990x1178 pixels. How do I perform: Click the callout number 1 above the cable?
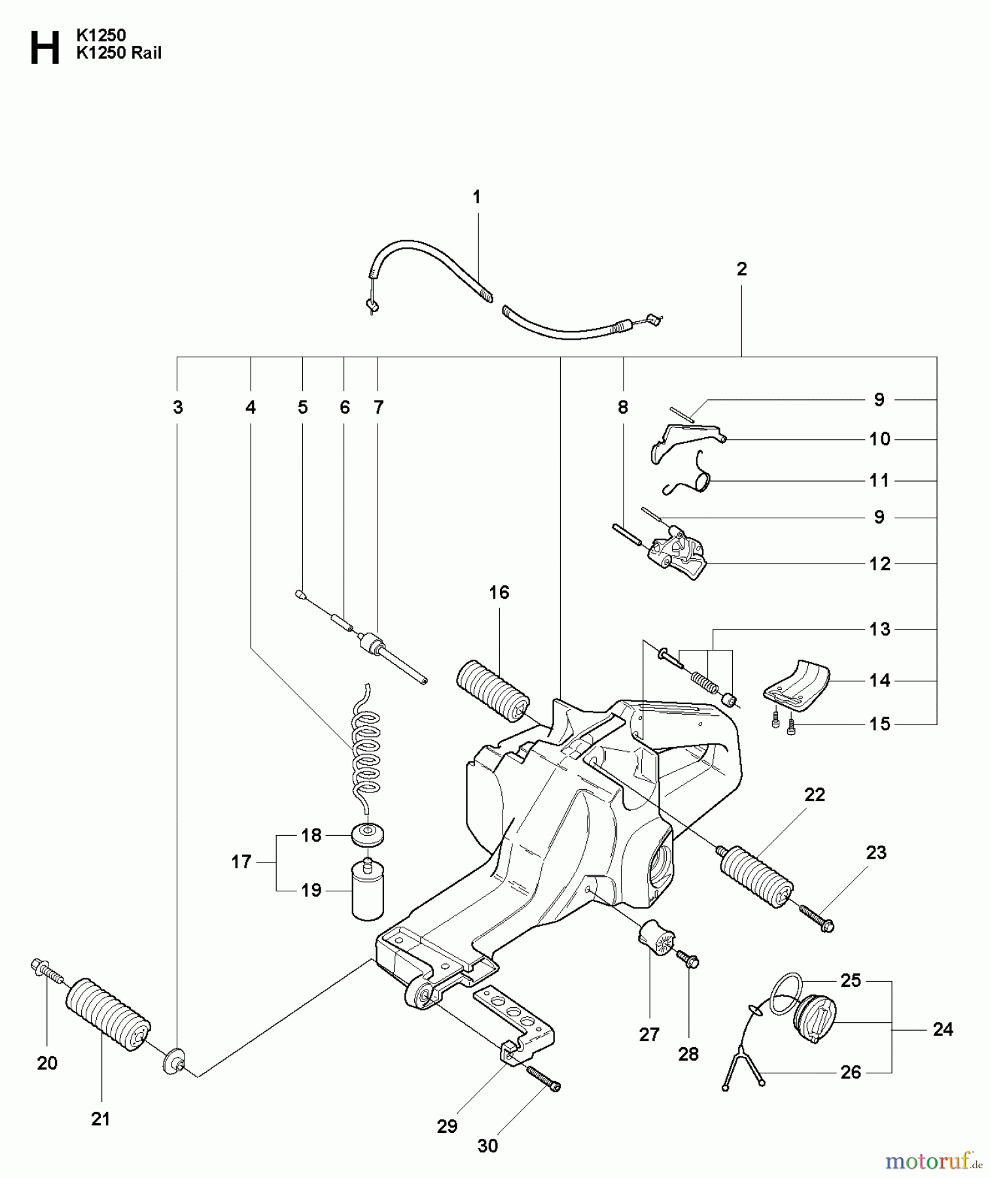476,196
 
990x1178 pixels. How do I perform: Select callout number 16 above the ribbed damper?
499,592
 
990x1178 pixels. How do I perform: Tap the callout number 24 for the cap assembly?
942,1029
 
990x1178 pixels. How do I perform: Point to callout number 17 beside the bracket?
241,862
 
